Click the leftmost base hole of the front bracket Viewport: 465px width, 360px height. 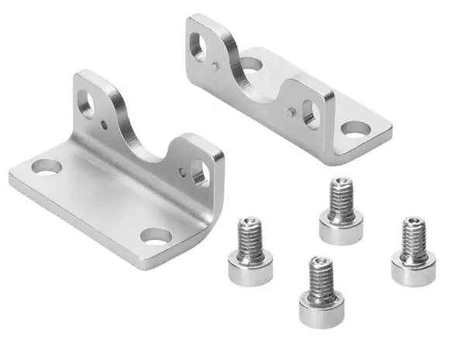46,166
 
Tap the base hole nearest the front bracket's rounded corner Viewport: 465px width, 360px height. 157,235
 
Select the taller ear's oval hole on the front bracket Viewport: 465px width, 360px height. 87,102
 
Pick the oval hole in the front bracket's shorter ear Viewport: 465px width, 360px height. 200,171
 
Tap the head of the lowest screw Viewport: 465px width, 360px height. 322,308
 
